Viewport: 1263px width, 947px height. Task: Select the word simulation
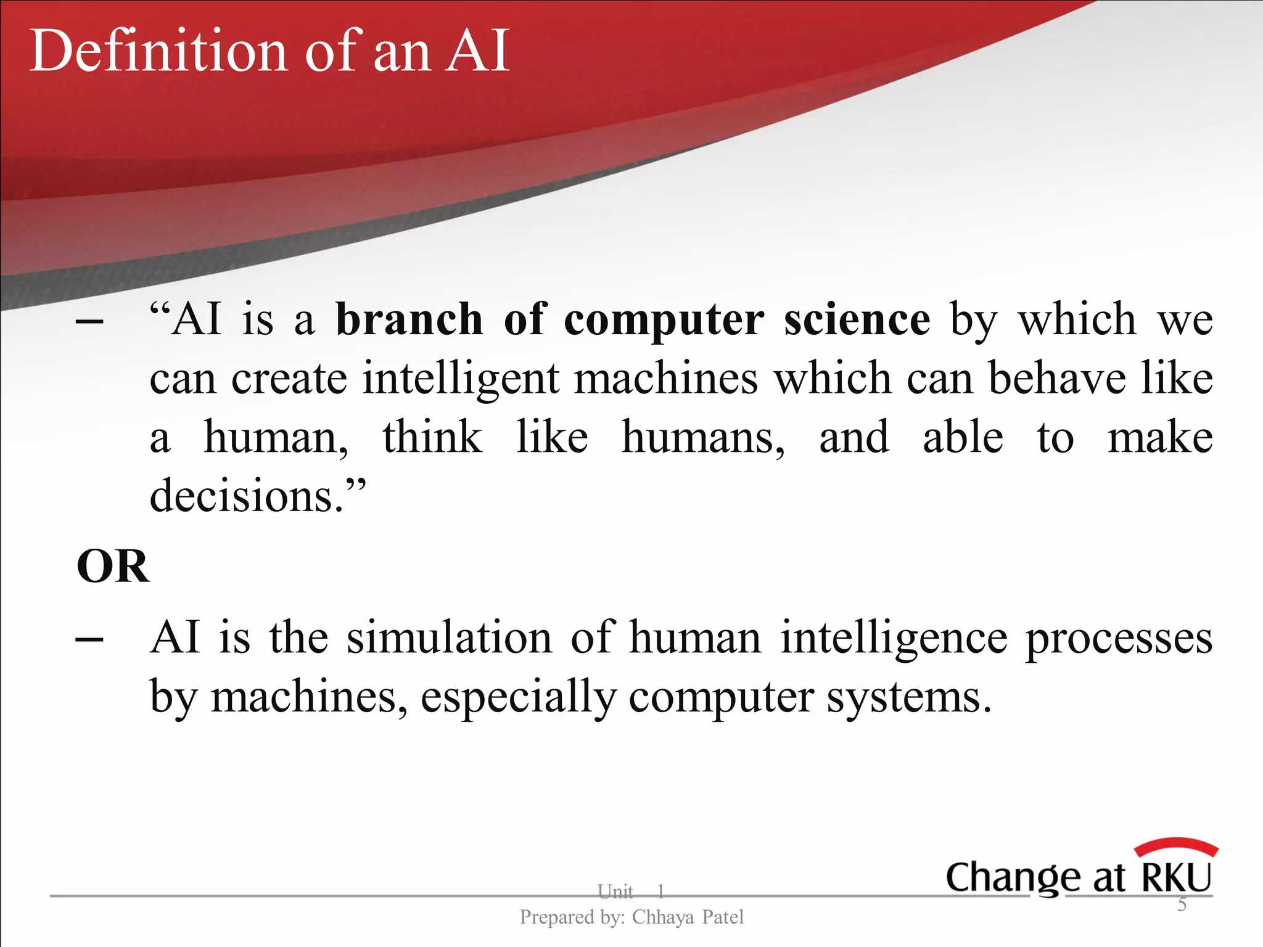(x=449, y=637)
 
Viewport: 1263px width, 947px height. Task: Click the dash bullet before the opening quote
(x=89, y=322)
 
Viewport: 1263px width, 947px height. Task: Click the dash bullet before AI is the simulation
(x=89, y=640)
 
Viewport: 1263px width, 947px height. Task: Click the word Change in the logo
(x=1011, y=878)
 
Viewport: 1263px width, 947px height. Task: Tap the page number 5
(x=1182, y=904)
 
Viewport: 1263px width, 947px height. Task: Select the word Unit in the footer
(x=615, y=891)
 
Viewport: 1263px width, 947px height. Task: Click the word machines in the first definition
(x=666, y=379)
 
